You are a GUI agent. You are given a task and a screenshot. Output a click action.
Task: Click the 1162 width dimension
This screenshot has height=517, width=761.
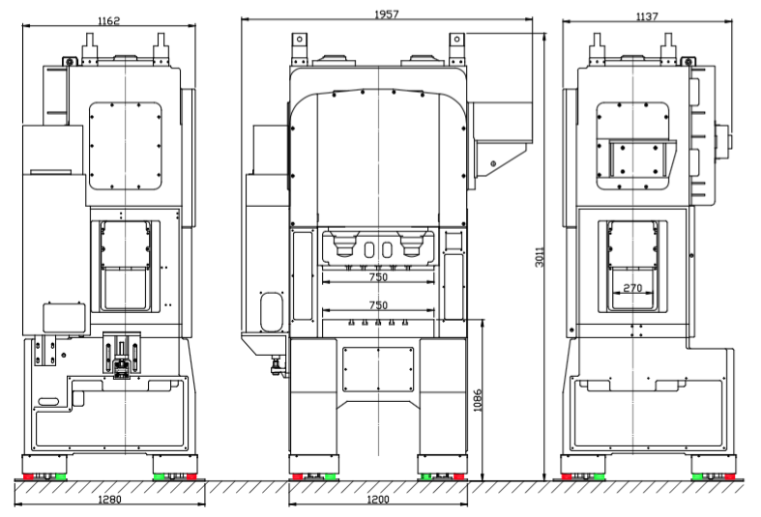108,20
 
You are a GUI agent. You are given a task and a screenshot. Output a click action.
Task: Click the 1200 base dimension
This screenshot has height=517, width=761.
378,500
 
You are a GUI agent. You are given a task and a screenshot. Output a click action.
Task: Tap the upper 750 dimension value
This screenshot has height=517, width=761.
378,277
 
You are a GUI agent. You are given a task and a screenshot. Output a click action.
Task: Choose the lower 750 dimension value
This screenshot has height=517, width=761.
378,305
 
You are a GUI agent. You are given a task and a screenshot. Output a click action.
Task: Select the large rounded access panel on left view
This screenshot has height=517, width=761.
125,147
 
